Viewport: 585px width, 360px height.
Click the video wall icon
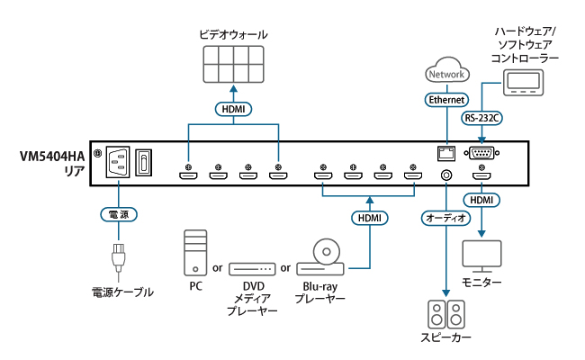(x=233, y=67)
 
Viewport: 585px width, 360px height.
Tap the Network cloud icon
(x=447, y=72)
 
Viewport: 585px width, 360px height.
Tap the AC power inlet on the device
(x=118, y=163)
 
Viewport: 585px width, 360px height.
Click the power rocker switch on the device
(x=145, y=163)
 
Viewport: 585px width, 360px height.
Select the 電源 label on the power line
(x=117, y=216)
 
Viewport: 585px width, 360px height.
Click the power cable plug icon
(x=117, y=258)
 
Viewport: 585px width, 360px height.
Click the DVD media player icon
(x=252, y=268)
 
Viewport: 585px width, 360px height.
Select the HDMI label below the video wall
(x=233, y=110)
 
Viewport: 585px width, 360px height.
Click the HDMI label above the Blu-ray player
(x=369, y=218)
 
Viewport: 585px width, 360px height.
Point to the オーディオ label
(x=445, y=218)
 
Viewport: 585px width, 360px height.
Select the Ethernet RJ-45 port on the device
(x=444, y=152)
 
